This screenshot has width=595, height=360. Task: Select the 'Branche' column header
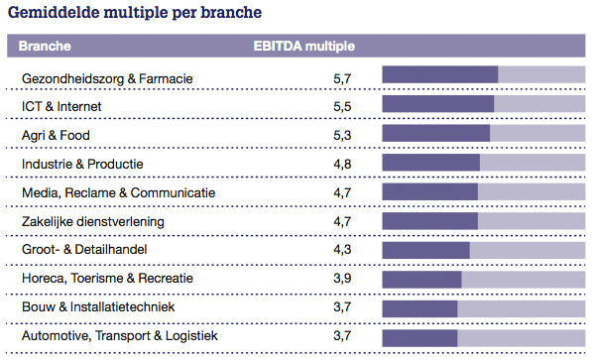click(x=47, y=46)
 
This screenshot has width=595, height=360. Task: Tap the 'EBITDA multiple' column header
click(x=303, y=46)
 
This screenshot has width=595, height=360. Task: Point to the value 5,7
click(x=342, y=76)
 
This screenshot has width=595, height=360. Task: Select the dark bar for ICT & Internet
click(x=437, y=105)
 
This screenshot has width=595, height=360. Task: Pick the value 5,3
click(x=342, y=134)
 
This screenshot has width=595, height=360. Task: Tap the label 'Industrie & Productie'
click(x=83, y=163)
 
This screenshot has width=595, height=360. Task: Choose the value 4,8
click(x=342, y=163)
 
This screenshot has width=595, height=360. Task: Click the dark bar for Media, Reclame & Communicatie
click(x=429, y=191)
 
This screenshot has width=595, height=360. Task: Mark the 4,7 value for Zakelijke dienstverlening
click(x=342, y=221)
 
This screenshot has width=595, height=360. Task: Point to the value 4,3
click(x=342, y=250)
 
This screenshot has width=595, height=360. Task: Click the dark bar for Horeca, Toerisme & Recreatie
click(x=421, y=279)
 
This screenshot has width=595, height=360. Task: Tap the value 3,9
click(x=342, y=279)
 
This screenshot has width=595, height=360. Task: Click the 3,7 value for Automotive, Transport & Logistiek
click(x=342, y=336)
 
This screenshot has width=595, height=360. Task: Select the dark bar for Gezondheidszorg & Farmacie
click(x=439, y=75)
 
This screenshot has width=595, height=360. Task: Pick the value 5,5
click(x=342, y=105)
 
